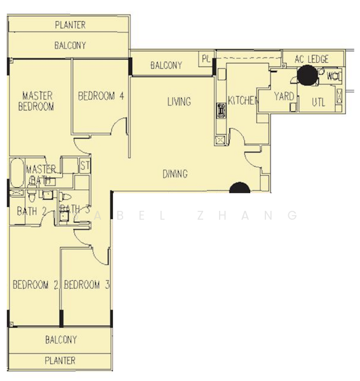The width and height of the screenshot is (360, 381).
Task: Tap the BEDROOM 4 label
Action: (100, 96)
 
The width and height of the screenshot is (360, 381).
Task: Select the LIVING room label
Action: (179, 102)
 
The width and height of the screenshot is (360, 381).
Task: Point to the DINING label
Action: (175, 173)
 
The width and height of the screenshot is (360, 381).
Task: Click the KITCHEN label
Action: (243, 100)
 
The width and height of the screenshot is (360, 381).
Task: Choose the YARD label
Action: (284, 97)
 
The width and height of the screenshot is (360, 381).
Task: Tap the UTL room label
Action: (319, 102)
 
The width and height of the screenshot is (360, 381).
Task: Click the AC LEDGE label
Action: (312, 59)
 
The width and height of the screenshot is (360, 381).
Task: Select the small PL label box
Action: (206, 58)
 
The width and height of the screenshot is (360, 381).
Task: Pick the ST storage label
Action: (84, 166)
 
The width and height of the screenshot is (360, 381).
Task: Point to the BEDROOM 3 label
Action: (88, 284)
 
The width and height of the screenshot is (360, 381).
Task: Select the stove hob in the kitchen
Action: (221, 111)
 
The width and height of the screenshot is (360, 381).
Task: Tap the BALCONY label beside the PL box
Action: (166, 65)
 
